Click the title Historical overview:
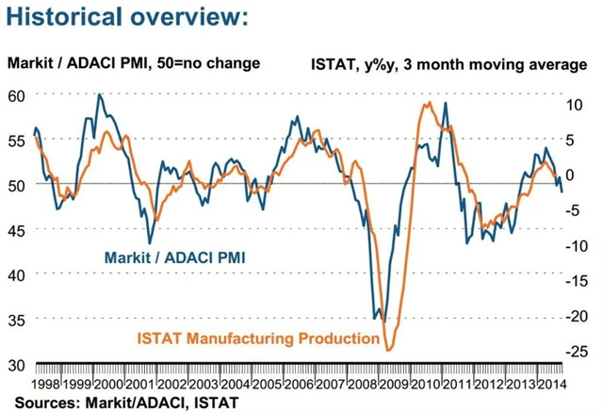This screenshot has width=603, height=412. [x=129, y=17]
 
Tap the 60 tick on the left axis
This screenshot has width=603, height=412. [x=16, y=95]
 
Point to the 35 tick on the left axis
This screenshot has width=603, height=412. [x=16, y=320]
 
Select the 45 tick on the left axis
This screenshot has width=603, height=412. [x=16, y=230]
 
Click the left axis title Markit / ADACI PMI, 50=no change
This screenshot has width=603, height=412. [x=134, y=64]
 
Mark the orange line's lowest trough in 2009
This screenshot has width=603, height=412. [x=387, y=351]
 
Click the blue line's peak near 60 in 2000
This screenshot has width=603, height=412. [x=99, y=94]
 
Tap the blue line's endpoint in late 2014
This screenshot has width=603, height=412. [x=562, y=192]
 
